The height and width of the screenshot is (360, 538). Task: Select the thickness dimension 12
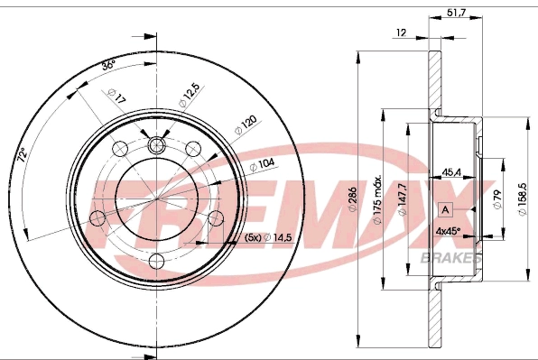click(x=400, y=33)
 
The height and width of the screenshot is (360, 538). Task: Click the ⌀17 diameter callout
click(x=115, y=95)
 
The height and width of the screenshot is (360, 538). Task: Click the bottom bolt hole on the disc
click(x=156, y=262)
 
